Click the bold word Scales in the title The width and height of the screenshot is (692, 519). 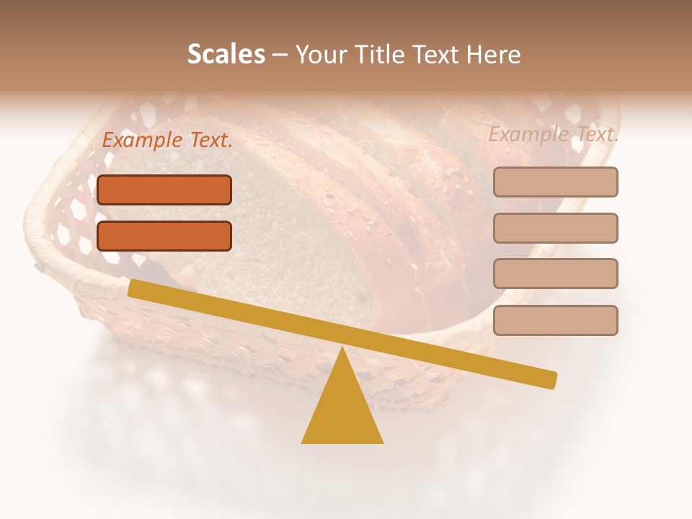tap(226, 55)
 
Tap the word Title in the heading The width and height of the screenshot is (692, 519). tap(381, 55)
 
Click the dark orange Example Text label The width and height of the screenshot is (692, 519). tap(167, 141)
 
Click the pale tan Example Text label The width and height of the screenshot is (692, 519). tap(554, 134)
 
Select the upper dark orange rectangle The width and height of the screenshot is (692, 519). tap(164, 190)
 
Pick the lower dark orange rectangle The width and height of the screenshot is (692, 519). tap(164, 236)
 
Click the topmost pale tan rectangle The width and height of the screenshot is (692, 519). tap(555, 182)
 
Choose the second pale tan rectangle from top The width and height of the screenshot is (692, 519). tap(555, 228)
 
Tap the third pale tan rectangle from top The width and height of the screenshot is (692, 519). tap(555, 274)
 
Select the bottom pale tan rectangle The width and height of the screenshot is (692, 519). tap(555, 320)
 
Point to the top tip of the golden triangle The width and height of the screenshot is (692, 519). tap(342, 349)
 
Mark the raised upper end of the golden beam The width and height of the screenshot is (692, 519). tap(134, 288)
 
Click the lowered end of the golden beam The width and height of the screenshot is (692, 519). tap(551, 379)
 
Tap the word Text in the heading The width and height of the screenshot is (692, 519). tap(436, 55)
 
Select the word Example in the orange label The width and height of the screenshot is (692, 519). tap(142, 141)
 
